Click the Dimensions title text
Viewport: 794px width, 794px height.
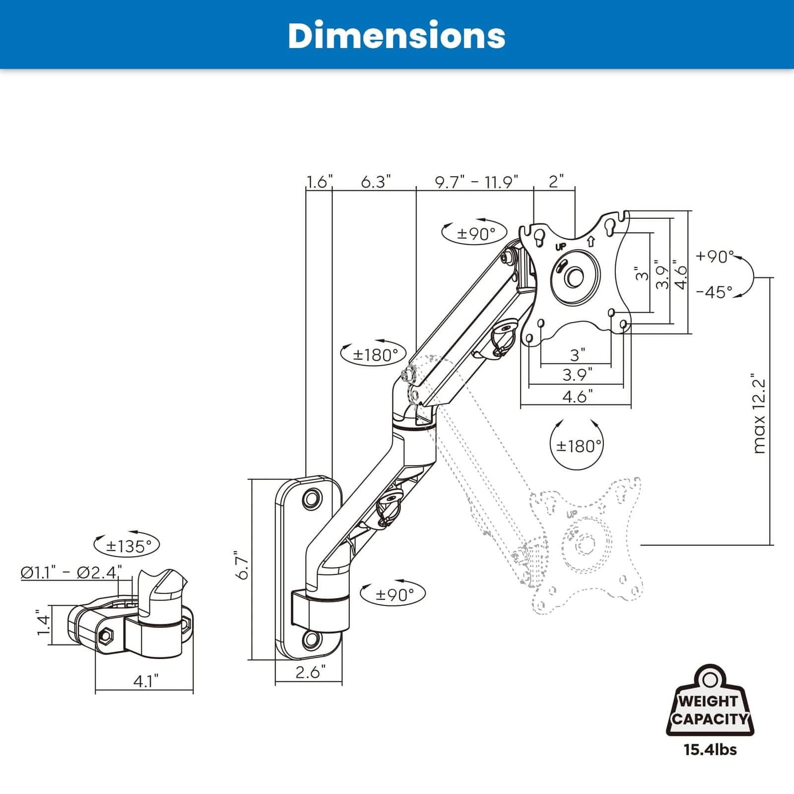tap(397, 35)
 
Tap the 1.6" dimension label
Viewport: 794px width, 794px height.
tap(318, 182)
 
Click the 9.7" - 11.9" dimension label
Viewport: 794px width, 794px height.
tap(476, 182)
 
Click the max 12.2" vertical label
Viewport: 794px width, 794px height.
tap(759, 413)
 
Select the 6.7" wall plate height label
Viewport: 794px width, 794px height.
tap(243, 565)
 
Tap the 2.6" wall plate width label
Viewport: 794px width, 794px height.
tap(311, 672)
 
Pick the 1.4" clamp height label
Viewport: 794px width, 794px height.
tap(44, 624)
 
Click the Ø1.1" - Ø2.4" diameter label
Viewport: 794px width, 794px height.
tap(71, 572)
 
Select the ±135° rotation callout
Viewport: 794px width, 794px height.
tap(128, 546)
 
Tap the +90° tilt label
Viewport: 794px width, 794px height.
tap(714, 256)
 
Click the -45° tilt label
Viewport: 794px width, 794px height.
tap(714, 292)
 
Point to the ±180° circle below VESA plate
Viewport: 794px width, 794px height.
tap(578, 446)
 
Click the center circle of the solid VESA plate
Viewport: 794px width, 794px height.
tap(576, 276)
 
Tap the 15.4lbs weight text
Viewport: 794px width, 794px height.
tap(710, 749)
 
